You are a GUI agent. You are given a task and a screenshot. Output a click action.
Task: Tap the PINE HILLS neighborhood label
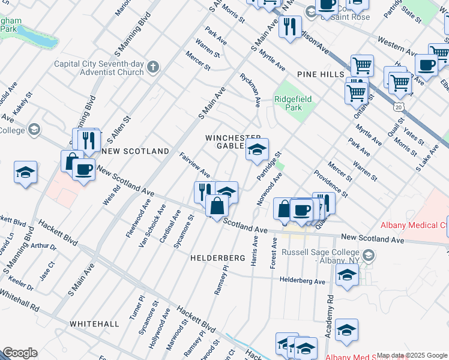(320, 74)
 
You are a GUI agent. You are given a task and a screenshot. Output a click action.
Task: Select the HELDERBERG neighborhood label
(218, 258)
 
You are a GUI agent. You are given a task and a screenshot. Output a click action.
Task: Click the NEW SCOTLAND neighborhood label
(135, 152)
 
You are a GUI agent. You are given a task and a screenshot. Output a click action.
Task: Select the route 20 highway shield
(399, 106)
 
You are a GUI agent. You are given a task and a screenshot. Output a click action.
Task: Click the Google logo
(19, 353)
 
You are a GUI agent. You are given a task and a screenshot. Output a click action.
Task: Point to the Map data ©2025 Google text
(412, 355)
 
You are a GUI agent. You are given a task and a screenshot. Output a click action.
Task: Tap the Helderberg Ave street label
(303, 281)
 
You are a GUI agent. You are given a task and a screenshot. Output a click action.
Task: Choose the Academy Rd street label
(330, 316)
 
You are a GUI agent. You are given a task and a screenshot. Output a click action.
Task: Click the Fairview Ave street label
(194, 165)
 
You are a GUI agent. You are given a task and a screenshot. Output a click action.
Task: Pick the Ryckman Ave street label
(250, 90)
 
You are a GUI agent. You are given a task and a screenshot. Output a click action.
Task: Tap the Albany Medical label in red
(414, 226)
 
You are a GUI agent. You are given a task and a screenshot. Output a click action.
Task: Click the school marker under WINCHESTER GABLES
(257, 151)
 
